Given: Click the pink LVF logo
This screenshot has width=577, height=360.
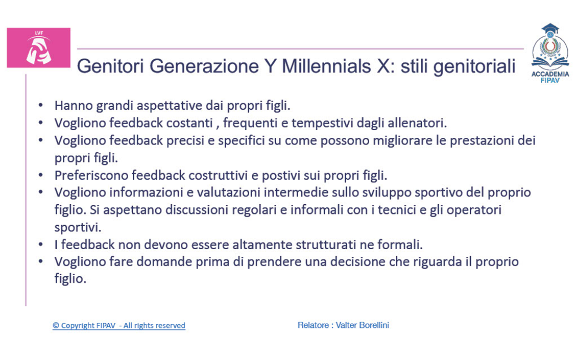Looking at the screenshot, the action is (x=39, y=48).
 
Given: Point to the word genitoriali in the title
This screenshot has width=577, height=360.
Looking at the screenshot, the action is (x=475, y=67).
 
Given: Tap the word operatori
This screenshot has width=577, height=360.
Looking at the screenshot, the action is (x=474, y=210).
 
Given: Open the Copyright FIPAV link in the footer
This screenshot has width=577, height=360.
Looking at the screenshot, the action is (x=119, y=326).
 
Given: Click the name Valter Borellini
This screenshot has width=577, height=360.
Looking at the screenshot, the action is (x=363, y=325).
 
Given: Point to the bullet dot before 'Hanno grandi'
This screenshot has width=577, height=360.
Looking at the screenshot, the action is (x=40, y=106).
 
